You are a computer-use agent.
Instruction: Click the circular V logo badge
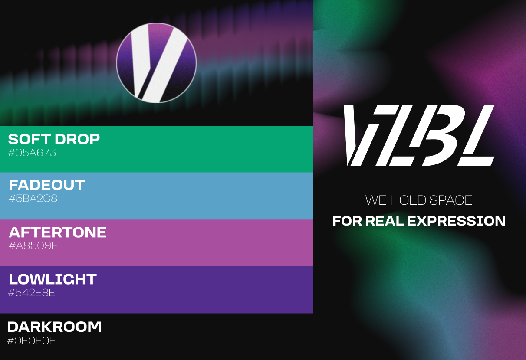[x=156, y=63]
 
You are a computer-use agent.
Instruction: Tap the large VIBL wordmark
[x=419, y=135]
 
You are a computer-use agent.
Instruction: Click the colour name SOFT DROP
[x=54, y=139]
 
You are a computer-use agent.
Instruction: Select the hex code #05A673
[x=32, y=153]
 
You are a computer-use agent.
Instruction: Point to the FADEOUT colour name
[x=47, y=185]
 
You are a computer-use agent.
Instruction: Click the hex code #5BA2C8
[x=33, y=199]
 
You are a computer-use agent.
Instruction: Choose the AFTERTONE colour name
[x=58, y=232]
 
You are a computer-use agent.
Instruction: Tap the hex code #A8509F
[x=33, y=245]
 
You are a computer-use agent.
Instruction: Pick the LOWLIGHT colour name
[x=53, y=279]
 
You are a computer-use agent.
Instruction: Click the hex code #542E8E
[x=32, y=293]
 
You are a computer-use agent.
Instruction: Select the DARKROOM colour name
[x=55, y=327]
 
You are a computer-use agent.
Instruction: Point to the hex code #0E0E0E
[x=32, y=341]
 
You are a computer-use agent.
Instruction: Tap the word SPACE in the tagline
[x=451, y=200]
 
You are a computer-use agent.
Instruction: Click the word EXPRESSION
[x=456, y=221]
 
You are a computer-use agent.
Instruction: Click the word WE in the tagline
[x=376, y=200]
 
